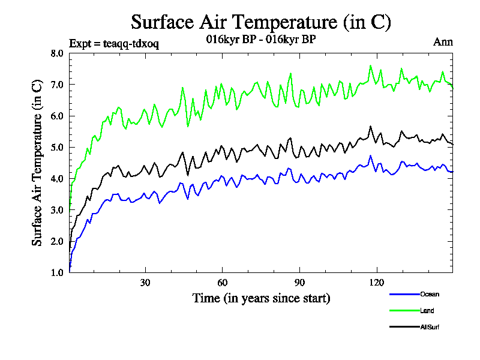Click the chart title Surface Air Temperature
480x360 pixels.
(261, 22)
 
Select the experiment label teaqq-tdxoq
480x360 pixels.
(114, 43)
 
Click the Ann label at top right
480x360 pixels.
(443, 42)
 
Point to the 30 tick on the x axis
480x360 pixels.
(145, 283)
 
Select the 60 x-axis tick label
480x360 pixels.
(222, 283)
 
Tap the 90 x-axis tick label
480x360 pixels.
(299, 283)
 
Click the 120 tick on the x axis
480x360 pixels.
(376, 283)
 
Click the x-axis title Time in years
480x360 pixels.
(261, 298)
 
